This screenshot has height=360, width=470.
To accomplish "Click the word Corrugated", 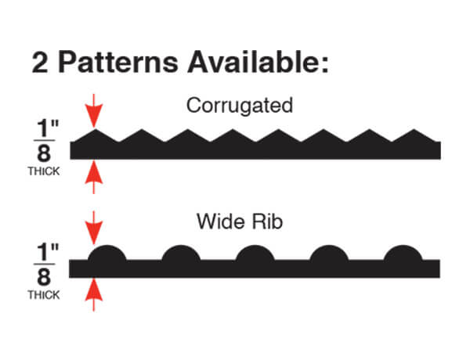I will pos(240,106).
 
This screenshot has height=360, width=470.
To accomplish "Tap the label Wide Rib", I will pos(240,222).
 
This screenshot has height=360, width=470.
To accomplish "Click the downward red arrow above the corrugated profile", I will pos(94,110).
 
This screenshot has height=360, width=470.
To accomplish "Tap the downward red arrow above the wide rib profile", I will pos(94,226).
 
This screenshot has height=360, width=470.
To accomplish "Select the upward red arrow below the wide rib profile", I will pos(94,293).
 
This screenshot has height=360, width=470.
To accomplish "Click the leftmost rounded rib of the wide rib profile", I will pos(107,255).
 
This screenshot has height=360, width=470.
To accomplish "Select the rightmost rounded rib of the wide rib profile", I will pos(403,255).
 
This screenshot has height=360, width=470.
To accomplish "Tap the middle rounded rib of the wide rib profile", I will pos(255,255).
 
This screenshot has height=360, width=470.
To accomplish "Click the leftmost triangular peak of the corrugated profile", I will pos(95,136).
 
